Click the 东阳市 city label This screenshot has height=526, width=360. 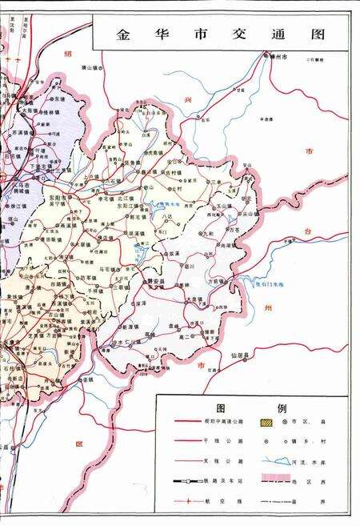[57, 196]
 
